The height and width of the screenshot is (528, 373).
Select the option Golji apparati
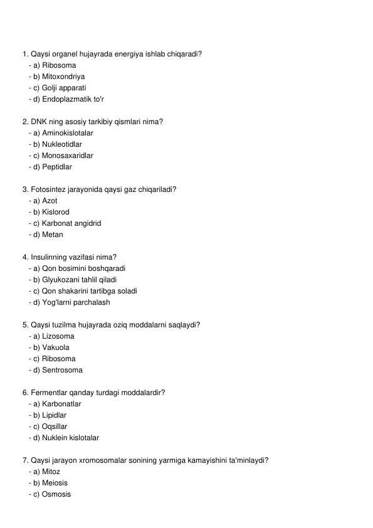[64, 88]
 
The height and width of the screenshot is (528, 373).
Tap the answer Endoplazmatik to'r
[73, 99]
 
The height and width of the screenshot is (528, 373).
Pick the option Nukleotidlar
[61, 144]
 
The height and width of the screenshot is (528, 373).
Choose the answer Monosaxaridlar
[67, 156]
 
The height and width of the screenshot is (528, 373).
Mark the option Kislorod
[56, 212]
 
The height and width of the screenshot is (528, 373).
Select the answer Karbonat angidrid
[71, 223]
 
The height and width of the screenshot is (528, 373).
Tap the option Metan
[52, 235]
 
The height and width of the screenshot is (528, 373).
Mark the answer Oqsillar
[55, 426]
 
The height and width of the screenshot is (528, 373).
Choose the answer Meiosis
[55, 483]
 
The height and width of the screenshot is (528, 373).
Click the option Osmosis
[56, 494]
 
